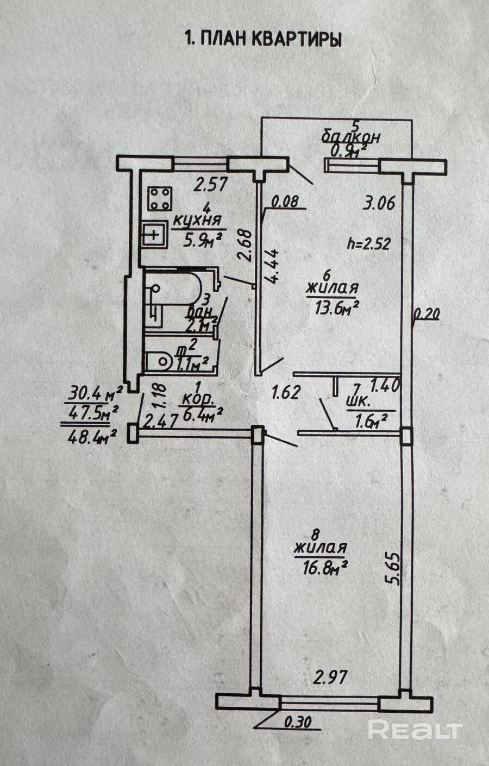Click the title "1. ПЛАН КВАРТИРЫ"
(x=263, y=40)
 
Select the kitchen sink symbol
(x=154, y=235)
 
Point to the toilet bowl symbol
(x=159, y=361)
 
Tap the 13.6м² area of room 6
(x=336, y=309)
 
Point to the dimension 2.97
(x=330, y=677)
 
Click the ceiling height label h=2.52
(x=369, y=243)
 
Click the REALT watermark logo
(x=415, y=729)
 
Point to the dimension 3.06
(x=379, y=204)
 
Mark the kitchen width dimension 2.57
(x=210, y=185)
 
